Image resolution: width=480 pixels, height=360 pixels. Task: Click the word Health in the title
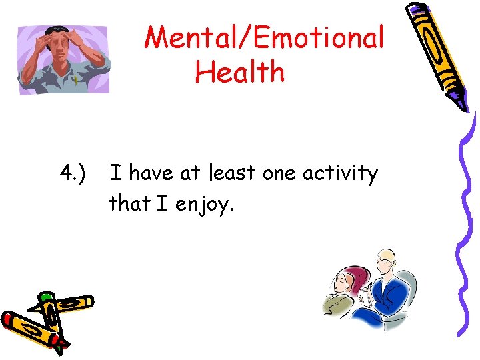240,72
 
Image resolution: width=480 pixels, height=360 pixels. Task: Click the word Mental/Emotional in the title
265,37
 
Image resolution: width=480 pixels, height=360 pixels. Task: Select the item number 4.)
73,174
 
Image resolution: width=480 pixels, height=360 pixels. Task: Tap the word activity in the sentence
340,175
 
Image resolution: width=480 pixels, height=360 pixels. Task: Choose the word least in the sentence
231,174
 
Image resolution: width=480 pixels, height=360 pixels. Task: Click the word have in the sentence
150,174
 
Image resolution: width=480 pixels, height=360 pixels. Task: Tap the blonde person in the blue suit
387,293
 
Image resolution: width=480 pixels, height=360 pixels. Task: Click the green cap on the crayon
45,296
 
